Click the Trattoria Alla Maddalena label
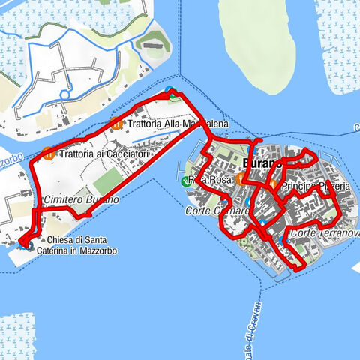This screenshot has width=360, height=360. pyautogui.click(x=177, y=124)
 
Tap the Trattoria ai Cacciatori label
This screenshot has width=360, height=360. pyautogui.click(x=105, y=154)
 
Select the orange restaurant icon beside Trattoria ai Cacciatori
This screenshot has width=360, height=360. pyautogui.click(x=49, y=154)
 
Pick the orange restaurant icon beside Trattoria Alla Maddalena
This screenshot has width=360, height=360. pyautogui.click(x=115, y=124)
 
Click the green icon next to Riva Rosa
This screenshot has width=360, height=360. pyautogui.click(x=187, y=181)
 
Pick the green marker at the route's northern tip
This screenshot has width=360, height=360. pyautogui.click(x=173, y=94)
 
